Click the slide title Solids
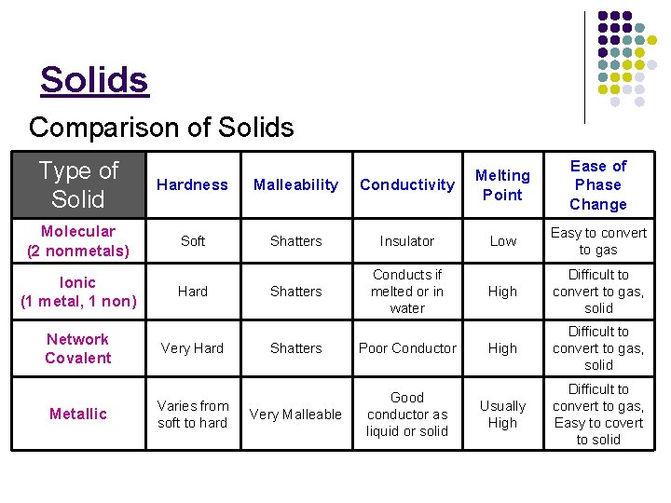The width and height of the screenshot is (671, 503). click(94, 80)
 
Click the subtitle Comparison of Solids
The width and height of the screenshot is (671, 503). click(161, 127)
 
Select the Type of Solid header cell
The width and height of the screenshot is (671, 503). click(79, 184)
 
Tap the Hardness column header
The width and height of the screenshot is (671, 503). click(192, 184)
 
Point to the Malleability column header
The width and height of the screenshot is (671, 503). click(295, 184)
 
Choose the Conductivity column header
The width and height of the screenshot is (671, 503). click(407, 184)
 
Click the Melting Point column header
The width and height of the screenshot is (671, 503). click(502, 184)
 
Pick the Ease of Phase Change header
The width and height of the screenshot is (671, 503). click(598, 184)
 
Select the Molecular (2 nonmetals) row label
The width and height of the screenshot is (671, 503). click(78, 240)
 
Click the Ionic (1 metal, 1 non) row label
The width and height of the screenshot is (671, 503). click(78, 291)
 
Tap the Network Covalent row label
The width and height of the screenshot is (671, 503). click(78, 348)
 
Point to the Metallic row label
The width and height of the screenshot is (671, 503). click(78, 414)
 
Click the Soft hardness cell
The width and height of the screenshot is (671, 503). click(193, 240)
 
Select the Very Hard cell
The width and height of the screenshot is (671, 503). click(192, 348)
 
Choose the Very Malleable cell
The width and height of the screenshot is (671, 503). click(295, 414)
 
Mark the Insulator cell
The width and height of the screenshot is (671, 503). click(407, 240)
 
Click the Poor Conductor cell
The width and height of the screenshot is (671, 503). click(407, 348)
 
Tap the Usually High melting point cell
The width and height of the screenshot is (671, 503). click(502, 414)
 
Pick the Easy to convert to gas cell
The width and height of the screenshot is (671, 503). click(598, 240)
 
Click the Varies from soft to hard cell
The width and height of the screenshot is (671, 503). click(192, 414)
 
